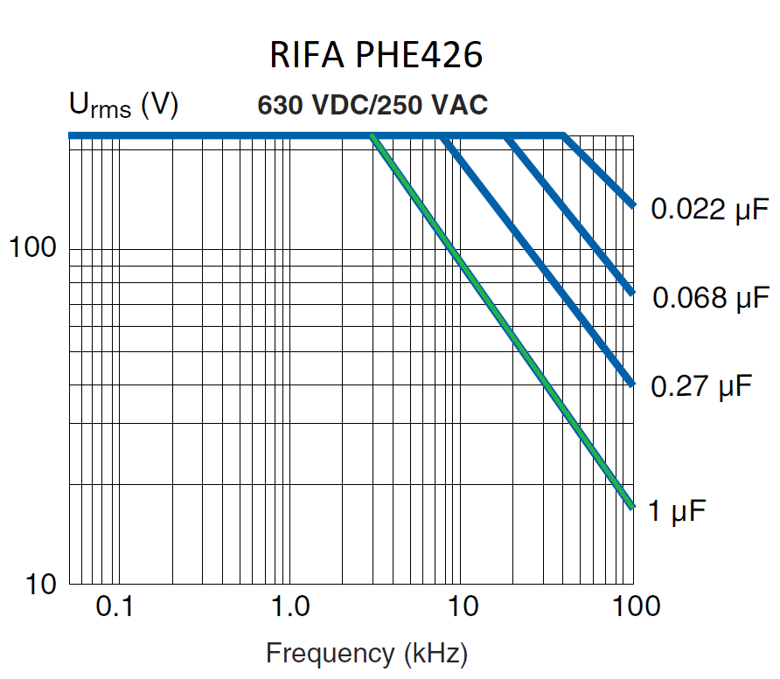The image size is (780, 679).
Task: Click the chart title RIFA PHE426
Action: (x=375, y=57)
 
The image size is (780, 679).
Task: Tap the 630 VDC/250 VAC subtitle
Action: (x=373, y=105)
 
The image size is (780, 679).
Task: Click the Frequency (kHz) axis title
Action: (x=366, y=653)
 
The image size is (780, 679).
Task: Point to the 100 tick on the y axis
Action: (x=32, y=247)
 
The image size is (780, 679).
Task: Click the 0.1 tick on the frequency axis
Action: (x=114, y=606)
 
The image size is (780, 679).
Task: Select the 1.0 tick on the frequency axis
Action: (x=289, y=606)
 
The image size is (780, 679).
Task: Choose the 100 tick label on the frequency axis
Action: (x=634, y=606)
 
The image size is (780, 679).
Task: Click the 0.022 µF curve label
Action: (x=709, y=210)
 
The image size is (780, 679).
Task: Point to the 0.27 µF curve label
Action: (x=701, y=385)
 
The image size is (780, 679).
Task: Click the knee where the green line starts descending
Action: (x=373, y=136)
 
